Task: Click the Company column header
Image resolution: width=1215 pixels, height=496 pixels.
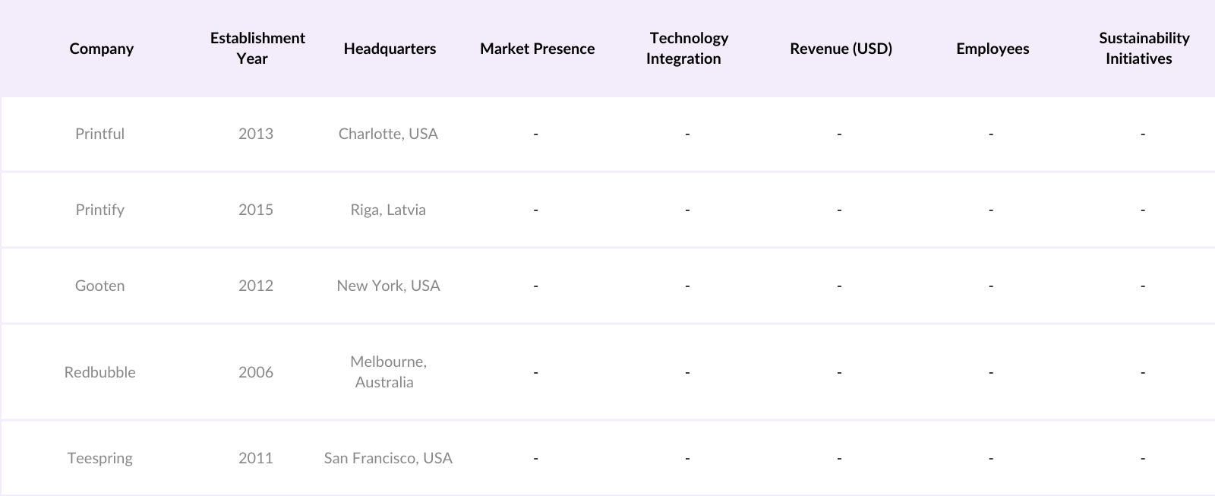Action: tap(101, 49)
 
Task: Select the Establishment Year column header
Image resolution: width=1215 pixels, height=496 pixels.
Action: tap(257, 48)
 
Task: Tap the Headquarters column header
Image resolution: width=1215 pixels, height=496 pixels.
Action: tap(390, 49)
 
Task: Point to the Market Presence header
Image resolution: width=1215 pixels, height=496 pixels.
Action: tap(537, 49)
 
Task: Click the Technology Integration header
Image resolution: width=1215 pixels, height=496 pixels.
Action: tap(687, 48)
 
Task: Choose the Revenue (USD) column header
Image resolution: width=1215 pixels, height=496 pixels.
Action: tap(841, 49)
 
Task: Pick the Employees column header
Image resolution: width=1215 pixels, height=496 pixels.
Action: tap(993, 49)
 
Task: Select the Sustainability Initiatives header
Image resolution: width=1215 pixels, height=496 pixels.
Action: tap(1143, 48)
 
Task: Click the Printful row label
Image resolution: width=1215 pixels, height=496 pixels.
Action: tap(99, 134)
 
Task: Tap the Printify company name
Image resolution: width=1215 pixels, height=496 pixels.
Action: tap(99, 210)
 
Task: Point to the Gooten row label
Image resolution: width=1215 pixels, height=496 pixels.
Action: tap(99, 286)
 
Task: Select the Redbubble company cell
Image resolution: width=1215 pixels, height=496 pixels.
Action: tap(99, 372)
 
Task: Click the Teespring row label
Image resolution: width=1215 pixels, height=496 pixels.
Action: tap(99, 458)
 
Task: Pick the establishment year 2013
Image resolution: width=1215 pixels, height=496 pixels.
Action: tap(255, 134)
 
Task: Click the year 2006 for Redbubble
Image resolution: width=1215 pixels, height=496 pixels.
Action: tap(255, 372)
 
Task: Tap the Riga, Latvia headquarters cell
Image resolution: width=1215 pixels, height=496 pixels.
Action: tap(388, 210)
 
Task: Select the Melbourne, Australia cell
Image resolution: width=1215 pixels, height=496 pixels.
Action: tap(387, 371)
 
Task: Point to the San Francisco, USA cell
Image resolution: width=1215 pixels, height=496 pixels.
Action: tap(388, 458)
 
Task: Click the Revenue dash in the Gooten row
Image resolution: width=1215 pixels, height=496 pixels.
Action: tap(839, 286)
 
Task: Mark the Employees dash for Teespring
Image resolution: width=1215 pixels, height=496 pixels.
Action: tap(991, 459)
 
